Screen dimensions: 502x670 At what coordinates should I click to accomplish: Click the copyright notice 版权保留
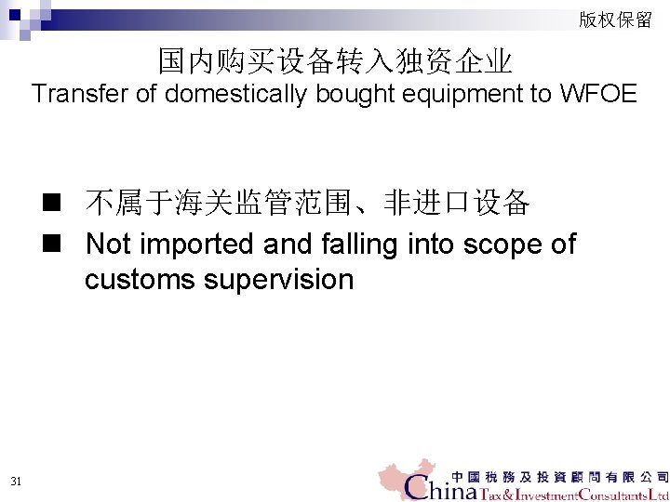click(615, 20)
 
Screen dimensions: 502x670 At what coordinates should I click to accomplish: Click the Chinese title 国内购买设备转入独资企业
click(335, 61)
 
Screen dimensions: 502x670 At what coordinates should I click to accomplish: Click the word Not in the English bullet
click(108, 244)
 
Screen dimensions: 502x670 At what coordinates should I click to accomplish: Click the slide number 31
click(16, 481)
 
